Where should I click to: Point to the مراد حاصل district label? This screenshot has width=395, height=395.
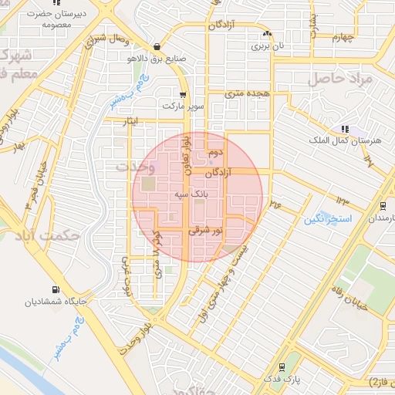coord(340,79)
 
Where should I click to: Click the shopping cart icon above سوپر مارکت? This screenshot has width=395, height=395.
coord(183,94)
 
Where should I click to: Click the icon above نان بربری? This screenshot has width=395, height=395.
coord(267,34)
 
